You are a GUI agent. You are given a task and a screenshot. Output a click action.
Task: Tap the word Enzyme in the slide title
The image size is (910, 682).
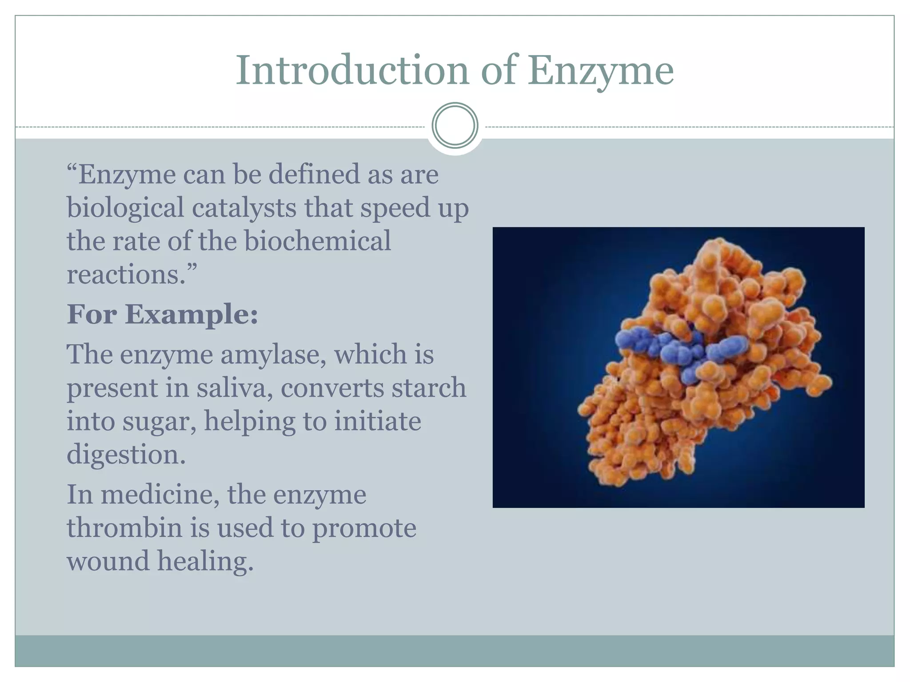point(600,71)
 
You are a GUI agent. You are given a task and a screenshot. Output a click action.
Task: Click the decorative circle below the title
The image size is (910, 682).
point(455,126)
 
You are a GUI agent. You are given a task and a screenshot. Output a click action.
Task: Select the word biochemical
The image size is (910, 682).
point(318,241)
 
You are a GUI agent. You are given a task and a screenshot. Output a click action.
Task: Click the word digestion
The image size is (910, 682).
point(126,455)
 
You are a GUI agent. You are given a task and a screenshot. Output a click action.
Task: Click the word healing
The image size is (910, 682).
point(205,561)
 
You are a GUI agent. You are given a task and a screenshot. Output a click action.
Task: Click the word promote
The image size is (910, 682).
point(364,528)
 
